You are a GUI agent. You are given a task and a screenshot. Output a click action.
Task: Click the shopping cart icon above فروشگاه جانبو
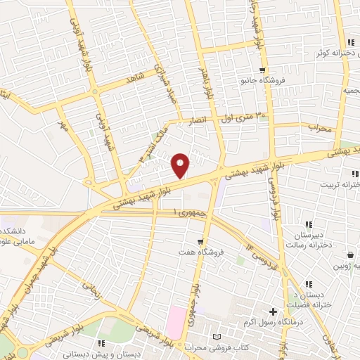(262, 70)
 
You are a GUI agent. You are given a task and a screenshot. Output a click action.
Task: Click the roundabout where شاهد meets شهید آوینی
(95, 91)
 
